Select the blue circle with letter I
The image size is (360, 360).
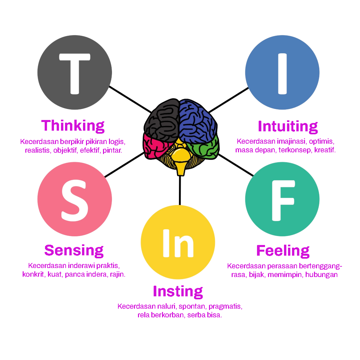282,72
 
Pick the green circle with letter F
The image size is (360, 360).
282,199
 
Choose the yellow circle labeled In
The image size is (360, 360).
178,242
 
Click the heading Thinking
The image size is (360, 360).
73,126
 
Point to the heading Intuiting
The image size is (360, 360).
288,126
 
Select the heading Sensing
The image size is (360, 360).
74,250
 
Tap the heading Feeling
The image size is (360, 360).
283,250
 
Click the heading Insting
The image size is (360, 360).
178,291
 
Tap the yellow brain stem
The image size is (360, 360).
180,160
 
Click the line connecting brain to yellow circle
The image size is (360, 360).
180,190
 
